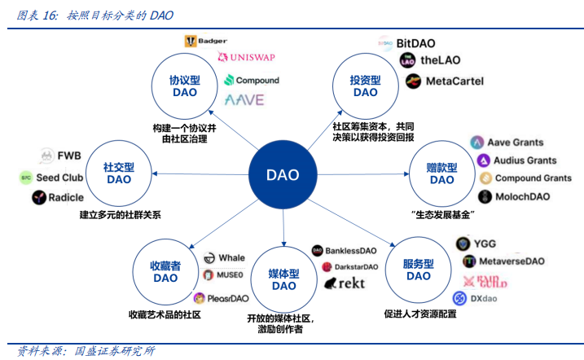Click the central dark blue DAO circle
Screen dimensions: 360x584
pyautogui.click(x=283, y=175)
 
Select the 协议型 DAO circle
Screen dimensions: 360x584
pyautogui.click(x=185, y=87)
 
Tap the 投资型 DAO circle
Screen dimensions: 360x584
pyautogui.click(x=365, y=86)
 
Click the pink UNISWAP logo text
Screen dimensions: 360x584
pyautogui.click(x=249, y=59)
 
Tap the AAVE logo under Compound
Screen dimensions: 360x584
pyautogui.click(x=244, y=101)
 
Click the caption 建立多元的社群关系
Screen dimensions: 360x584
pyautogui.click(x=120, y=215)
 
